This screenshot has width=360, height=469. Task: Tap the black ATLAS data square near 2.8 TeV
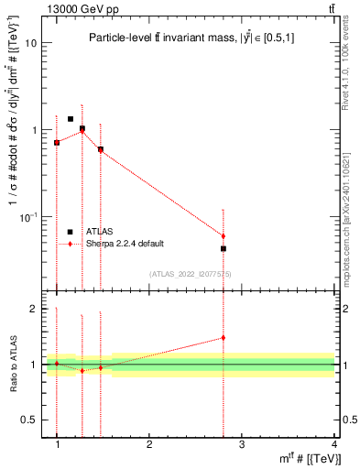tap(224, 248)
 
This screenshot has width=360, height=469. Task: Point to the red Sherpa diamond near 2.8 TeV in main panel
tap(224, 236)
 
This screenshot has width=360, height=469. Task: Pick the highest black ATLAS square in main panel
tap(71, 119)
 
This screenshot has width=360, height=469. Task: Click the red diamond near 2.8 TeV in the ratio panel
tap(224, 337)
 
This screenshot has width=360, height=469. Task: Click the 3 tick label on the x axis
tap(242, 444)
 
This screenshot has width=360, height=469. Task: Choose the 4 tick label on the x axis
tap(333, 444)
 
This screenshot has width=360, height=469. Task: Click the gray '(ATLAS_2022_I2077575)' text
tap(190, 274)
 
